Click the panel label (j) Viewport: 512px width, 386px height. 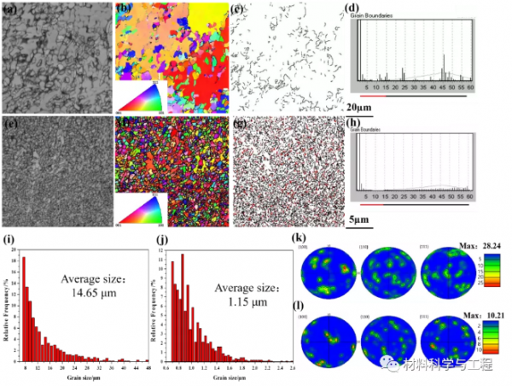pos(163,240)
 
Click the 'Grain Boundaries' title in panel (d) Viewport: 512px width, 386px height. pos(375,15)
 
